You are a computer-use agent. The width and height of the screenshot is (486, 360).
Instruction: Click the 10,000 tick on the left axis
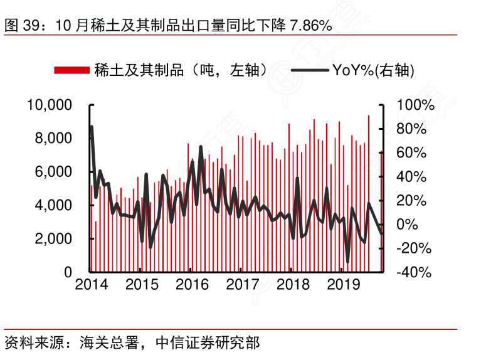[50, 105]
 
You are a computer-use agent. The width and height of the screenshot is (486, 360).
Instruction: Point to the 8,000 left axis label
[53, 138]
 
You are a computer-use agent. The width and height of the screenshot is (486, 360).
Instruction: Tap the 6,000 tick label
[53, 172]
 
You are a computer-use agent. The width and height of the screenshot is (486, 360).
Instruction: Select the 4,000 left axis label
[53, 205]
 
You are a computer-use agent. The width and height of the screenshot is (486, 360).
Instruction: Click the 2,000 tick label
[53, 239]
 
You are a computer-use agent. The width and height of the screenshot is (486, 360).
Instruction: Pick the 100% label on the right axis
[414, 105]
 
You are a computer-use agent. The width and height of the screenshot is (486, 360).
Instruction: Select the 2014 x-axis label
[92, 285]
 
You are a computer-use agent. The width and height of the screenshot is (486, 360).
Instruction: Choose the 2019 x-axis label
[343, 285]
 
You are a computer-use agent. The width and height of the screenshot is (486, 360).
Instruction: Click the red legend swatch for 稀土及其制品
[71, 70]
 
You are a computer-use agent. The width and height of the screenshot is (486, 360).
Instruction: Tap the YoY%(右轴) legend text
[374, 70]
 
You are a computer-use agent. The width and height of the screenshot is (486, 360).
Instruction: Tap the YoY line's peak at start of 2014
[92, 127]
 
